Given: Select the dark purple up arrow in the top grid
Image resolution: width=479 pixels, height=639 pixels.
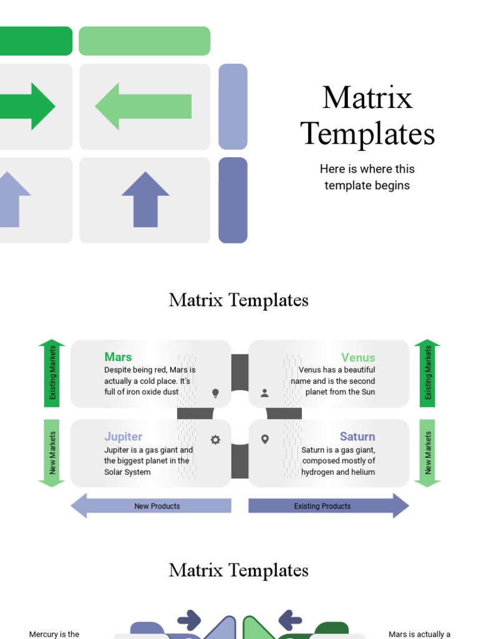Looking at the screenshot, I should click(145, 199).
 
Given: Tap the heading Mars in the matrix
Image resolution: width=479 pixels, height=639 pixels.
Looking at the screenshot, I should click(118, 357).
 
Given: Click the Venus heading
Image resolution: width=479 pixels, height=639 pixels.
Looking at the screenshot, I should click(358, 358).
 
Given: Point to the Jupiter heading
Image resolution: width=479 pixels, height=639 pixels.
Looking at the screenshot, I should click(123, 436).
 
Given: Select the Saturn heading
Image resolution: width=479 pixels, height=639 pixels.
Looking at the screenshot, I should click(357, 436).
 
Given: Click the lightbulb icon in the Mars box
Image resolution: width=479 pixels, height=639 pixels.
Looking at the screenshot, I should click(216, 393).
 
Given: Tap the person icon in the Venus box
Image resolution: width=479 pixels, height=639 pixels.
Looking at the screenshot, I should click(264, 393).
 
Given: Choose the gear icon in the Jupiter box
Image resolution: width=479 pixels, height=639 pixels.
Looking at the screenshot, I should click(216, 440).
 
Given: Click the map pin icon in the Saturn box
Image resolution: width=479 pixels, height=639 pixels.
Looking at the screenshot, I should click(264, 439).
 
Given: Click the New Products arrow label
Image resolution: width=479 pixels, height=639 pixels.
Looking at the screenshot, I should click(157, 506).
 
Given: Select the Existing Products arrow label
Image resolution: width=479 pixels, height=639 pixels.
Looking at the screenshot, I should click(322, 506).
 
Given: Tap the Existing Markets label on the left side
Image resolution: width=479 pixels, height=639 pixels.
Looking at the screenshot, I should click(52, 373).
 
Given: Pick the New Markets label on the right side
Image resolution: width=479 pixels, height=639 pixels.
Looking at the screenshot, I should click(428, 452).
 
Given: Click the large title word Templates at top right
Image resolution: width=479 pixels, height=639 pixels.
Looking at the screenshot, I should click(367, 134).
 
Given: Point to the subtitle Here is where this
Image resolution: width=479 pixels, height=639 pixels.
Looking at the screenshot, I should click(367, 169).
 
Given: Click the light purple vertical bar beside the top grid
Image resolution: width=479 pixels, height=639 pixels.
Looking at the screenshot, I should click(233, 107).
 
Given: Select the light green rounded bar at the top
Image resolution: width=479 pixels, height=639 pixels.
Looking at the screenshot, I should click(144, 41).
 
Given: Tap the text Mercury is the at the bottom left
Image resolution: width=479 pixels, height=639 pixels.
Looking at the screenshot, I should click(54, 634).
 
